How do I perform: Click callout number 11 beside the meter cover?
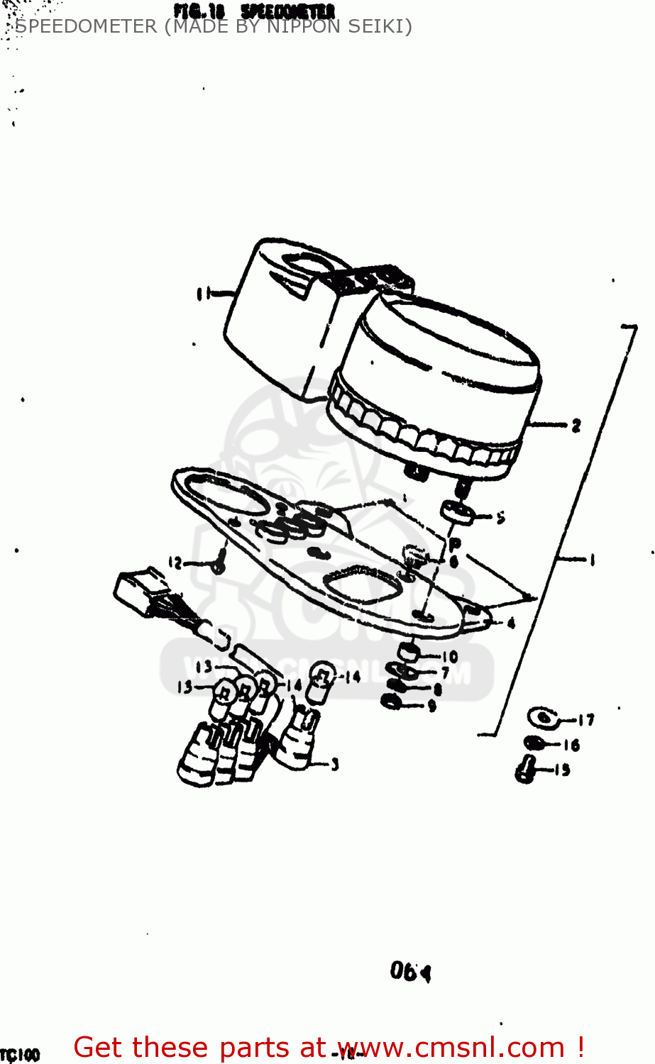pos(203,293)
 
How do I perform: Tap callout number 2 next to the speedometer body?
pos(576,426)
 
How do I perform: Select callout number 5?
pos(500,518)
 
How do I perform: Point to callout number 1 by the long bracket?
pos(590,560)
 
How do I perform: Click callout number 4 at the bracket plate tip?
pos(511,624)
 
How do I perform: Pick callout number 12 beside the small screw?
pos(175,563)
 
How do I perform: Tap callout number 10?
pos(450,657)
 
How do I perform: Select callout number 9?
pos(431,704)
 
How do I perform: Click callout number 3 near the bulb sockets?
pos(334,764)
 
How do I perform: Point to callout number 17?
pos(585,720)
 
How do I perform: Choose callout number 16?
pos(572,745)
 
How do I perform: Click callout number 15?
pos(562,770)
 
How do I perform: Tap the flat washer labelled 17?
pos(542,717)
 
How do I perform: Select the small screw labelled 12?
pos(220,564)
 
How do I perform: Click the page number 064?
pos(410,971)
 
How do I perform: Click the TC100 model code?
pos(20,1055)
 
